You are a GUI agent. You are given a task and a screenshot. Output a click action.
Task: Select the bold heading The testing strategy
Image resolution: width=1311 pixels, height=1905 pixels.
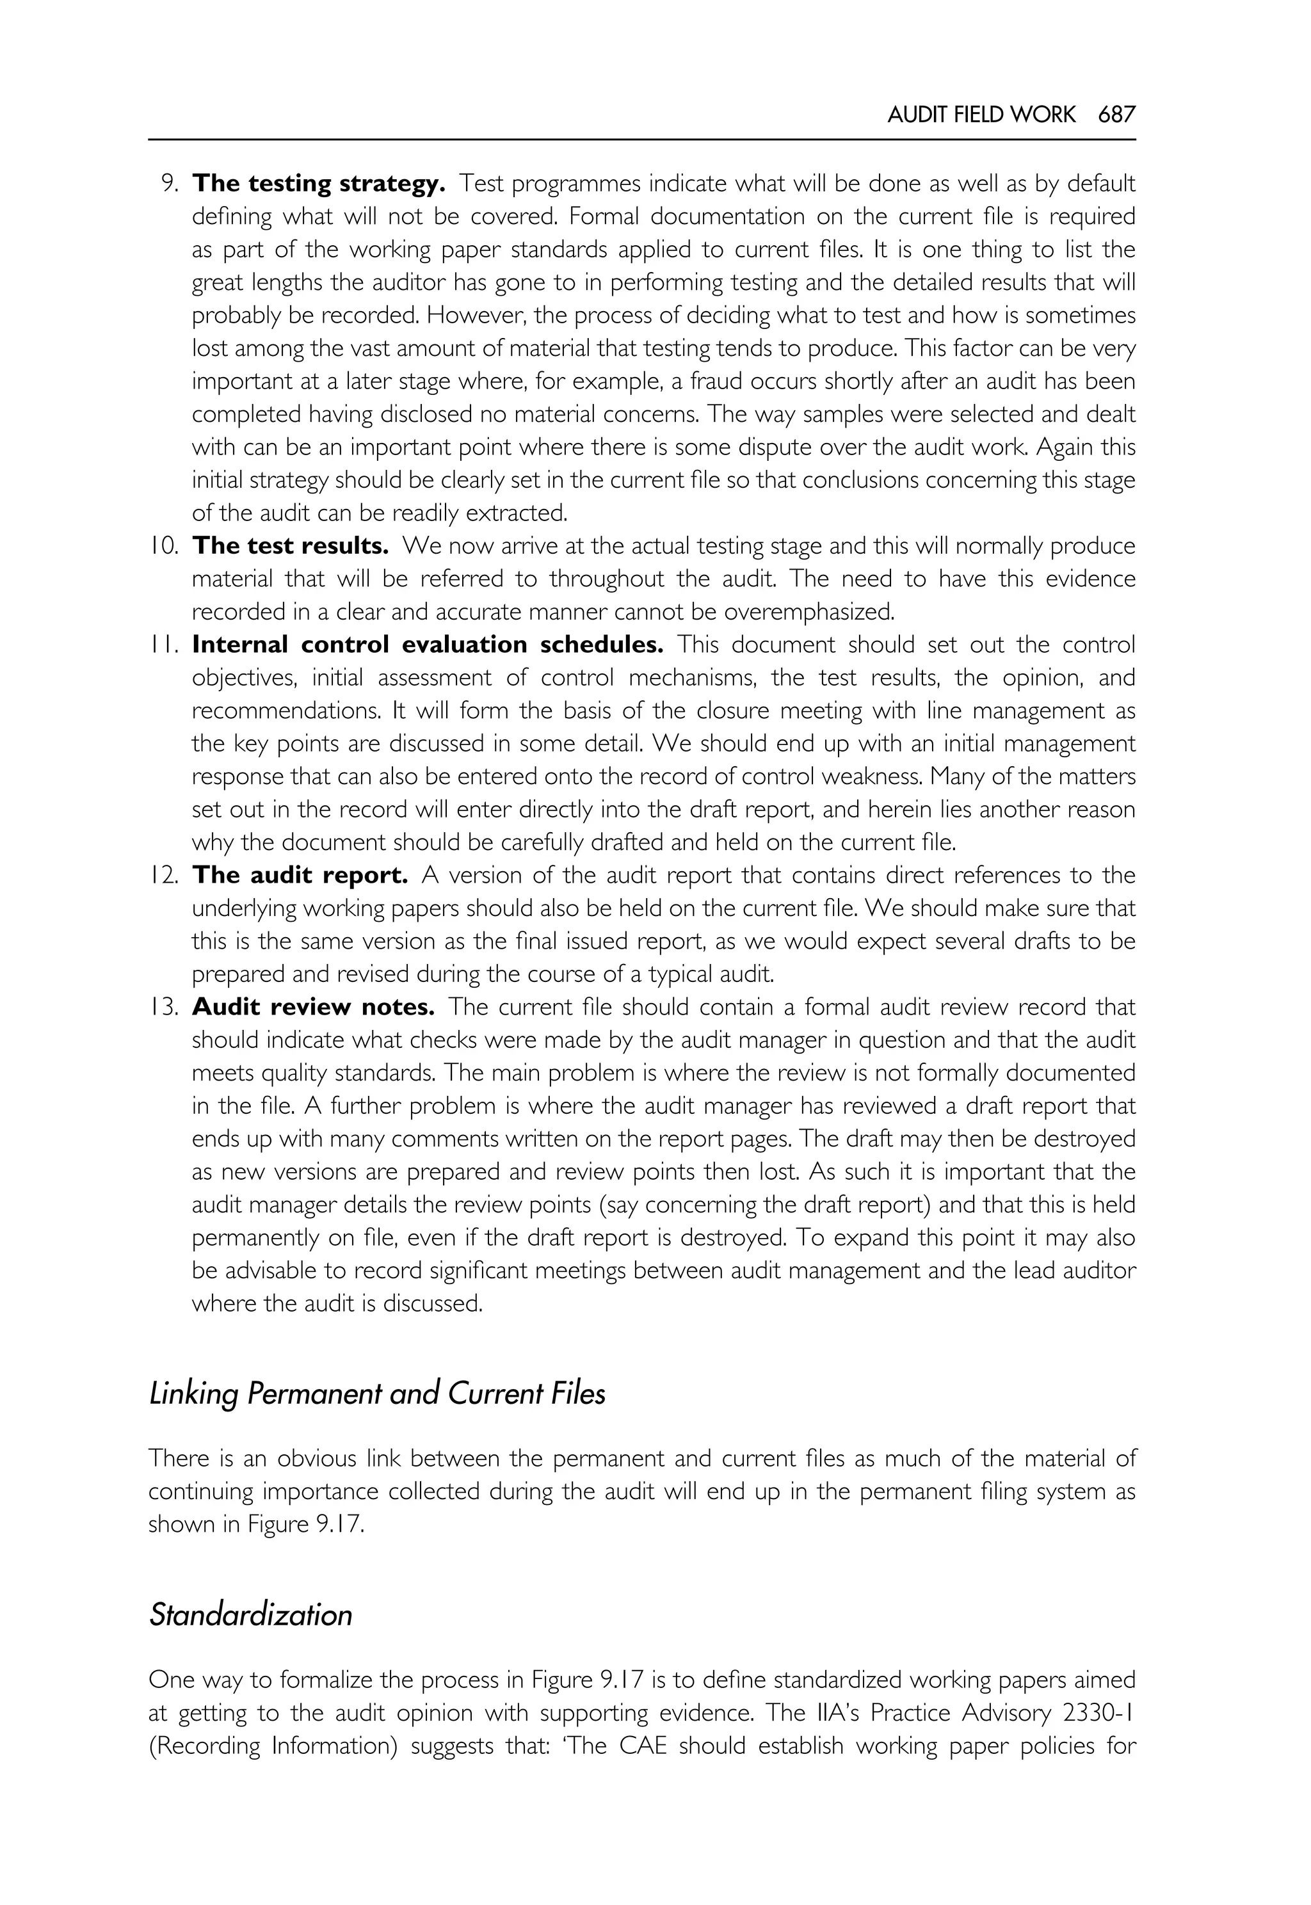click(x=319, y=184)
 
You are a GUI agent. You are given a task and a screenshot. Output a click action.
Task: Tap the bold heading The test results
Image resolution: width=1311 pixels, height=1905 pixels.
click(x=290, y=546)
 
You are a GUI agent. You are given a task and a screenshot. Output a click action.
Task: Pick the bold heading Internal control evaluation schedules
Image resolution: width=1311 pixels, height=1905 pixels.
click(x=427, y=645)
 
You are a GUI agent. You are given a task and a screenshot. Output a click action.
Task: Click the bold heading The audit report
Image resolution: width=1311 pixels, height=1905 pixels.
click(x=300, y=876)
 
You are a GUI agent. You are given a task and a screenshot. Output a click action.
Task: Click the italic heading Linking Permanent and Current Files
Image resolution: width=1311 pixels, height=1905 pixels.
click(x=377, y=1394)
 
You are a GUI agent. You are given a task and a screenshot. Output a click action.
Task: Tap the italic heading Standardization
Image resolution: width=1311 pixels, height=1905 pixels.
click(x=250, y=1615)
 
